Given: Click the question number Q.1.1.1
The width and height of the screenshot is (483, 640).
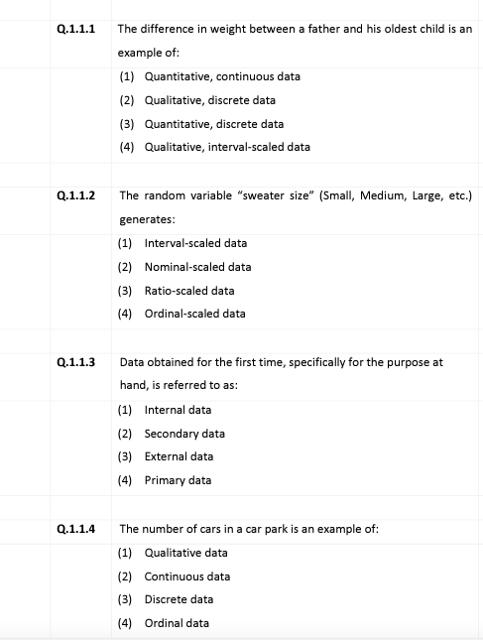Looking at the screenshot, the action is (x=76, y=29).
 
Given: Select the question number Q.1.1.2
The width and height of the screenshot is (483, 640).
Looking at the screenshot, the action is (x=76, y=195).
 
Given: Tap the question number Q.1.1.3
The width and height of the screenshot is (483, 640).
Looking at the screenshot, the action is (x=76, y=362).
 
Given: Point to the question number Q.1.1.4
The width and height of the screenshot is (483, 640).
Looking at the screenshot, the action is (x=76, y=529).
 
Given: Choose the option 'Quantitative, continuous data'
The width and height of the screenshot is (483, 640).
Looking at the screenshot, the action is (x=222, y=76).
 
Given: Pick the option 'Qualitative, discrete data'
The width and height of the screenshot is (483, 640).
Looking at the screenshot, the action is (x=210, y=100).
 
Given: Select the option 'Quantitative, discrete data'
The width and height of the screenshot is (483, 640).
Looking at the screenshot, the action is (x=214, y=124).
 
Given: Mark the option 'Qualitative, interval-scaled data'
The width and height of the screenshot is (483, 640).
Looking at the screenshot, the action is (x=227, y=147).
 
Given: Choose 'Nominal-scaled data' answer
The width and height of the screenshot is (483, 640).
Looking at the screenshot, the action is (x=197, y=267).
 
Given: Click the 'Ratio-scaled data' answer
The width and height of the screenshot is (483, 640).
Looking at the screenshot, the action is (x=189, y=291).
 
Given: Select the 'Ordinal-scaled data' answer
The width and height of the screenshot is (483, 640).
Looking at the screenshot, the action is (x=194, y=314).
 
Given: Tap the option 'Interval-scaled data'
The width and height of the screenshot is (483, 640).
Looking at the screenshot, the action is (x=195, y=243).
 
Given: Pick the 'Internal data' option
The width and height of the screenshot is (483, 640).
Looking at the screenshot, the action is (x=178, y=410).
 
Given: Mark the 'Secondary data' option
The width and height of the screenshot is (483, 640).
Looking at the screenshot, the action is (x=184, y=434).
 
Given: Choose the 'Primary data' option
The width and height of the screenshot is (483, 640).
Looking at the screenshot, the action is (x=178, y=480).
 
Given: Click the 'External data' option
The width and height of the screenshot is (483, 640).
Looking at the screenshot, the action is (x=179, y=456).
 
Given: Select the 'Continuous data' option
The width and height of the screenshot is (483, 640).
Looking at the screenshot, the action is (x=187, y=576).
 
